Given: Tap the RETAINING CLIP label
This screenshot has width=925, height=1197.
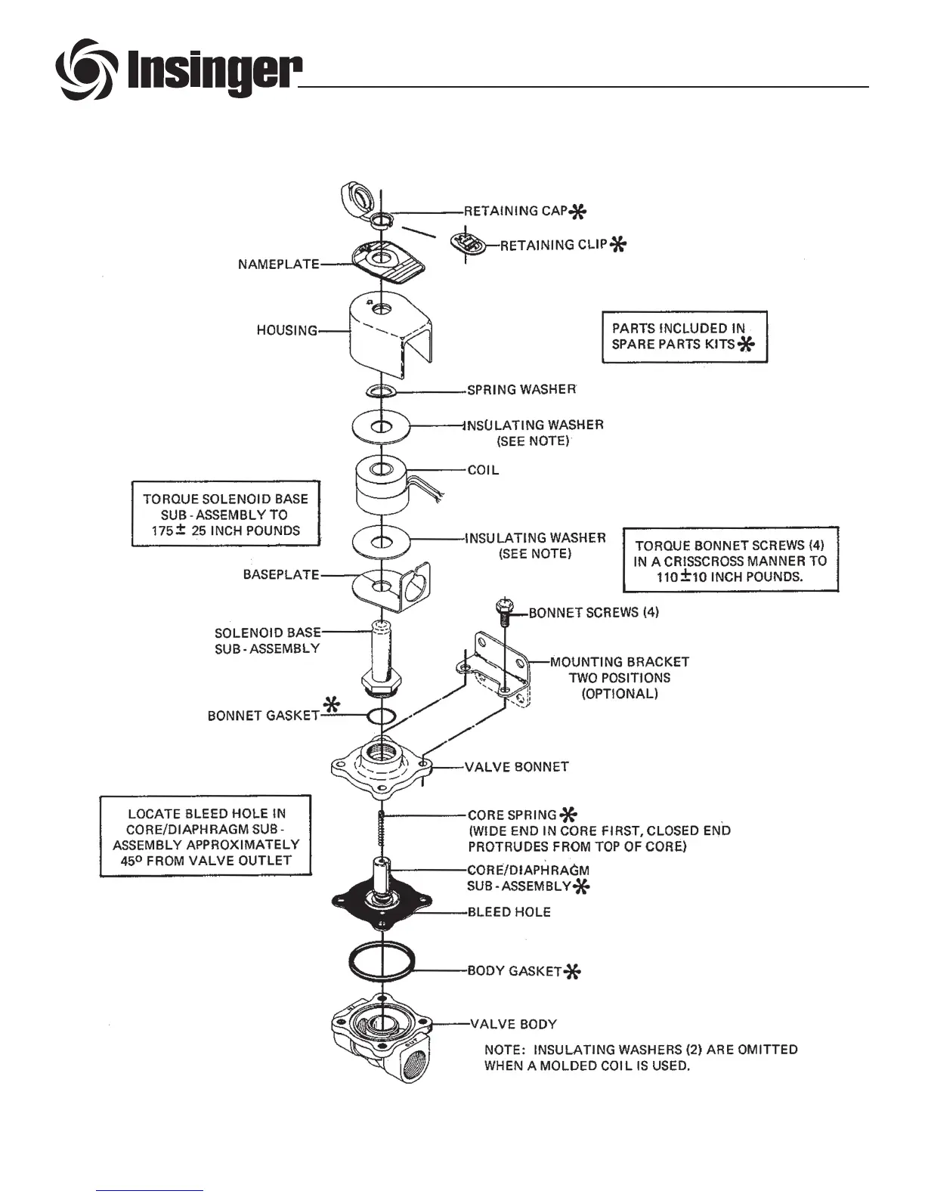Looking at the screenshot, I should click(554, 245).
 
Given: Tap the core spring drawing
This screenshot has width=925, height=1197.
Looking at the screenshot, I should click(383, 830).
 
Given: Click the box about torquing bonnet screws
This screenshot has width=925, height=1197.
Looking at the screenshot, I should click(730, 560).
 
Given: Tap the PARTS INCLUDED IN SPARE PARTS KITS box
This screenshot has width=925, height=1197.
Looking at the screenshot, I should click(684, 336).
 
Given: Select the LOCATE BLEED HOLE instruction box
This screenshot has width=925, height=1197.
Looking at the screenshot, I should click(206, 837).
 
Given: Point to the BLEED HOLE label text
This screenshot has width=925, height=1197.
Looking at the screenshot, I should click(509, 912).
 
